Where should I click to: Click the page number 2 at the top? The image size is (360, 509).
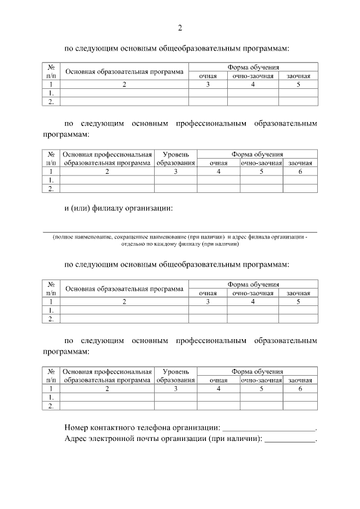[180, 28]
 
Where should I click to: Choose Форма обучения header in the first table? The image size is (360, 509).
[253, 67]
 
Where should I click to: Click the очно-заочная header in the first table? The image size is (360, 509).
[253, 75]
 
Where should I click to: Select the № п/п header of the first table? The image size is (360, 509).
[51, 71]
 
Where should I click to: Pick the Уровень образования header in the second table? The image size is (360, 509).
[175, 158]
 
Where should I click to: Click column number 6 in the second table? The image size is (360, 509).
[300, 171]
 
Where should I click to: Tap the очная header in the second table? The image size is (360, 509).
[218, 163]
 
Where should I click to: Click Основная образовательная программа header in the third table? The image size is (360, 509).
[124, 289]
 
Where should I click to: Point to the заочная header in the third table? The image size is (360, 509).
[298, 293]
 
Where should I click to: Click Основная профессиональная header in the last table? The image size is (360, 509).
[107, 372]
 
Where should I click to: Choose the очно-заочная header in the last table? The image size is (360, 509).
[262, 380]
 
